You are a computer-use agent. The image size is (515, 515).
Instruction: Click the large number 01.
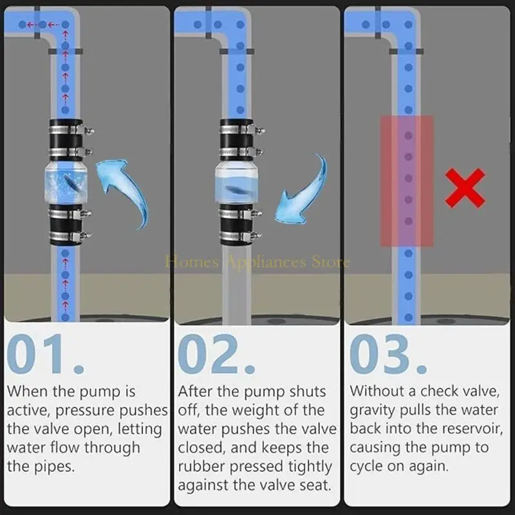click(x=45, y=355)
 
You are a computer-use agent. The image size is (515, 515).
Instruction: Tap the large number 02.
click(x=216, y=355)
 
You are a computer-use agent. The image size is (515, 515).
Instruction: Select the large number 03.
click(x=388, y=355)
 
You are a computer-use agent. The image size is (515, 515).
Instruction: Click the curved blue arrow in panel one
click(x=126, y=190)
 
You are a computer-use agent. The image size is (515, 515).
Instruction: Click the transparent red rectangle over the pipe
click(x=406, y=181)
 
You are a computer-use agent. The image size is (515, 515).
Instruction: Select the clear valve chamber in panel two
click(x=239, y=186)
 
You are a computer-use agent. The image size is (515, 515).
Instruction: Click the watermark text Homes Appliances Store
click(x=257, y=261)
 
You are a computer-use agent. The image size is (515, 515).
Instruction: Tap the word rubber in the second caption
click(x=200, y=466)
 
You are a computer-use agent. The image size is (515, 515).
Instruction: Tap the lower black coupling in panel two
click(x=239, y=225)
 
